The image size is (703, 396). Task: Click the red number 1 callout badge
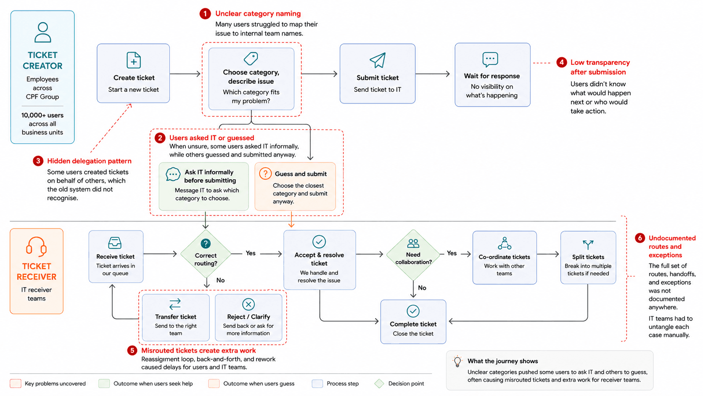coord(205,14)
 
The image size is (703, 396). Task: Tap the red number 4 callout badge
coord(561,63)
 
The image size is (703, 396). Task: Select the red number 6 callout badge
coord(640,238)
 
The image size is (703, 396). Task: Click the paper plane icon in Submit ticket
coord(377,60)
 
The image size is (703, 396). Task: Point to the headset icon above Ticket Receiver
coord(37,246)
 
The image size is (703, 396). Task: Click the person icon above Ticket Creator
coord(43,32)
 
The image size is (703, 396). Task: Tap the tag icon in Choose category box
coord(251,58)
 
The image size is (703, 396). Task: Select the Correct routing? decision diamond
coord(206,254)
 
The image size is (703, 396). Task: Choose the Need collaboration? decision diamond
coord(413,254)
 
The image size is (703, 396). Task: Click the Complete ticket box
coord(413,322)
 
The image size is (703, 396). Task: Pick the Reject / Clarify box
coord(248,317)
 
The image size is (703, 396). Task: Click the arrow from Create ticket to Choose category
coord(185,74)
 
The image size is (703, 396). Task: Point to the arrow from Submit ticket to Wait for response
coord(433,74)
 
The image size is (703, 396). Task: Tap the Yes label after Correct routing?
coord(251,253)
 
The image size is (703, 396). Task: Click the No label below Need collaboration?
coord(422,288)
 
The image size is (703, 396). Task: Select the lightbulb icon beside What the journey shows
coord(457,361)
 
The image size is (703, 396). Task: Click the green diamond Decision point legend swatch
coord(379,383)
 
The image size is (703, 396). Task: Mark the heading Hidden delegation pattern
coord(89,161)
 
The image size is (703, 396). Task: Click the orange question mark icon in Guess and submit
coord(265,173)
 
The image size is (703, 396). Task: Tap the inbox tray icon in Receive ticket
coord(114,243)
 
